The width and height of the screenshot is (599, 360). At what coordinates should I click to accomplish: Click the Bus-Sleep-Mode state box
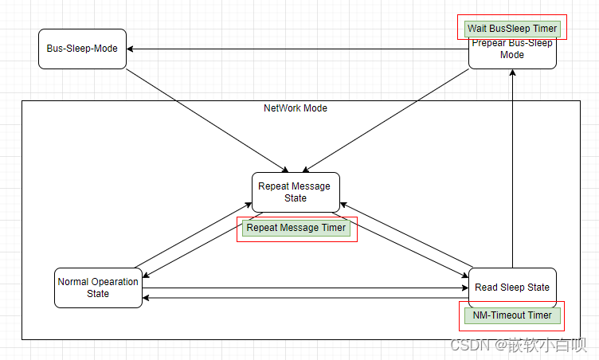click(x=82, y=49)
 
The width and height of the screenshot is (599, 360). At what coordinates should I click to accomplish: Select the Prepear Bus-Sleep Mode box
click(x=512, y=53)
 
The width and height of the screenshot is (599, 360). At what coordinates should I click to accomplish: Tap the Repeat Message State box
click(x=296, y=192)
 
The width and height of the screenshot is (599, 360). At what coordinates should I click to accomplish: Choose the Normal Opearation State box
click(x=98, y=288)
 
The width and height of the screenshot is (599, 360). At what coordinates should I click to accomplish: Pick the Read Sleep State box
click(x=511, y=287)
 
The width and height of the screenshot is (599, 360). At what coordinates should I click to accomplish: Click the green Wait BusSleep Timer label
click(x=512, y=29)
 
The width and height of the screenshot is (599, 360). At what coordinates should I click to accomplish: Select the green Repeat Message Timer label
click(x=296, y=228)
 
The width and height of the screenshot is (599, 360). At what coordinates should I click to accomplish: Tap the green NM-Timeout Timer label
click(x=512, y=315)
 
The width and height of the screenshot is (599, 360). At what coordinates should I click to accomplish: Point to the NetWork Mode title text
click(x=296, y=108)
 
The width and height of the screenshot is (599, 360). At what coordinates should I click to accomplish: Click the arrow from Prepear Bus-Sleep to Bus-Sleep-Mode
click(x=299, y=49)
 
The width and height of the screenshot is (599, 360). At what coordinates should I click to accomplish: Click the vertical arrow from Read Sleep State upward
click(x=512, y=167)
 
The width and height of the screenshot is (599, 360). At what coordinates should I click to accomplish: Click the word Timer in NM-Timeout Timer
click(x=538, y=315)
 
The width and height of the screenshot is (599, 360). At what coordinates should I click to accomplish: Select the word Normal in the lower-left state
click(x=75, y=282)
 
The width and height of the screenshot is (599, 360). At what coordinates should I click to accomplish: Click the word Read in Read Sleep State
click(x=487, y=288)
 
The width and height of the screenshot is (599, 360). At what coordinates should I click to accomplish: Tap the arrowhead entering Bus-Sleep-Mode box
click(x=131, y=49)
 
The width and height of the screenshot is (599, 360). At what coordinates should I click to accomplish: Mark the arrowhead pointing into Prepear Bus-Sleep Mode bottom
click(x=512, y=74)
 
